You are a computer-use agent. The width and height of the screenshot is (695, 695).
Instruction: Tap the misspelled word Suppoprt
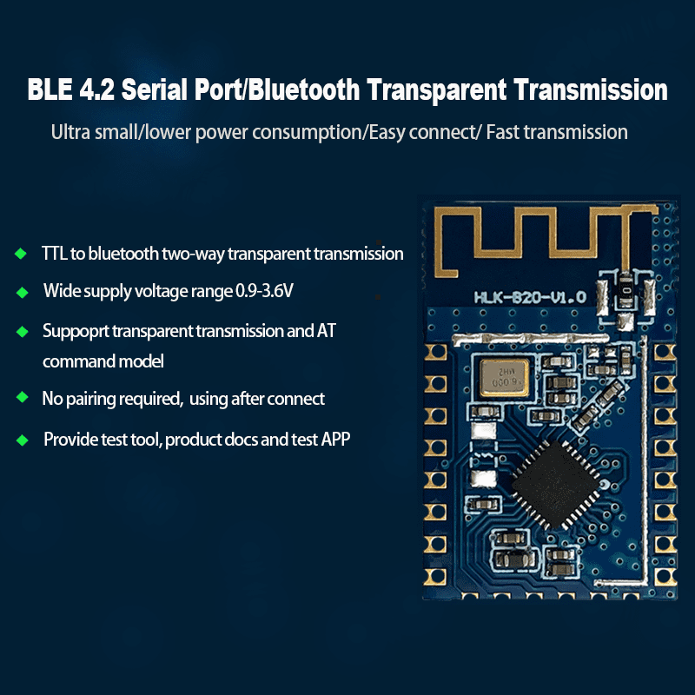(76, 332)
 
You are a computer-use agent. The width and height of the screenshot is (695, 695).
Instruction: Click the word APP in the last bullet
(334, 440)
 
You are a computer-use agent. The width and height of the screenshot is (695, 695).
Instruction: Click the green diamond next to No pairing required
(22, 398)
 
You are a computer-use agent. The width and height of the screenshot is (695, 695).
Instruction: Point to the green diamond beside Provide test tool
(22, 440)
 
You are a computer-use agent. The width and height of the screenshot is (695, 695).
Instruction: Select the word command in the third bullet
(79, 361)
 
